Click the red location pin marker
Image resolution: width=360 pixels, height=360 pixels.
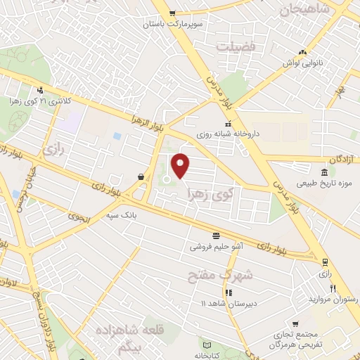(x=181, y=165)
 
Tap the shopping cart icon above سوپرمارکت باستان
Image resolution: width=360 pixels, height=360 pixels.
(x=172, y=13)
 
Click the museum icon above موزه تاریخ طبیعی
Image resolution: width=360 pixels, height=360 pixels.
(x=324, y=173)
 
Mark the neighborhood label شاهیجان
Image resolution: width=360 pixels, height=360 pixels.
(x=304, y=9)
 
